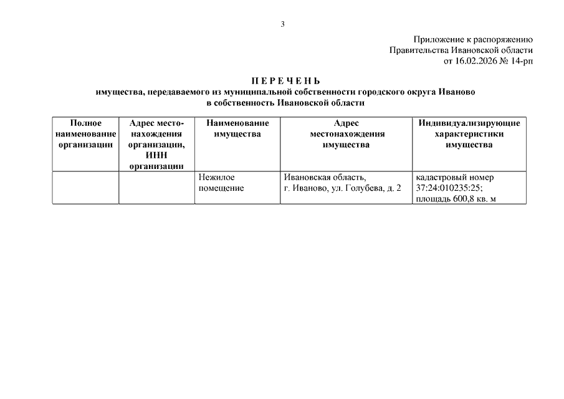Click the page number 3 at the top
[x=282, y=24]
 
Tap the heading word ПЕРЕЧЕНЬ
[x=285, y=81]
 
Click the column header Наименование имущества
[x=237, y=128]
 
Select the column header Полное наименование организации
[x=85, y=134]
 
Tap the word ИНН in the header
[x=156, y=155]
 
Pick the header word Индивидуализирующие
[x=469, y=123]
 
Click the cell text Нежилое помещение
[x=221, y=183]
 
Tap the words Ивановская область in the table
[x=325, y=177]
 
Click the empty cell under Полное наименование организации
[x=85, y=188]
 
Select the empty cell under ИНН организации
[x=156, y=188]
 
